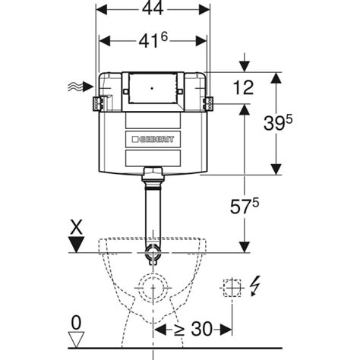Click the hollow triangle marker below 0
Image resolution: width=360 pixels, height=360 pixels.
click(x=74, y=339)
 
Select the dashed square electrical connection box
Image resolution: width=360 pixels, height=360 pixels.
click(x=229, y=288)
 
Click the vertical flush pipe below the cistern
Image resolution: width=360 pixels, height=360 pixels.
click(x=153, y=213)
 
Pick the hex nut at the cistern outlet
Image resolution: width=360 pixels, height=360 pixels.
click(x=153, y=172)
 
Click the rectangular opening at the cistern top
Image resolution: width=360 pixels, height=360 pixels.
click(x=153, y=88)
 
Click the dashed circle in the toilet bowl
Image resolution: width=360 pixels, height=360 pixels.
click(x=153, y=289)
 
